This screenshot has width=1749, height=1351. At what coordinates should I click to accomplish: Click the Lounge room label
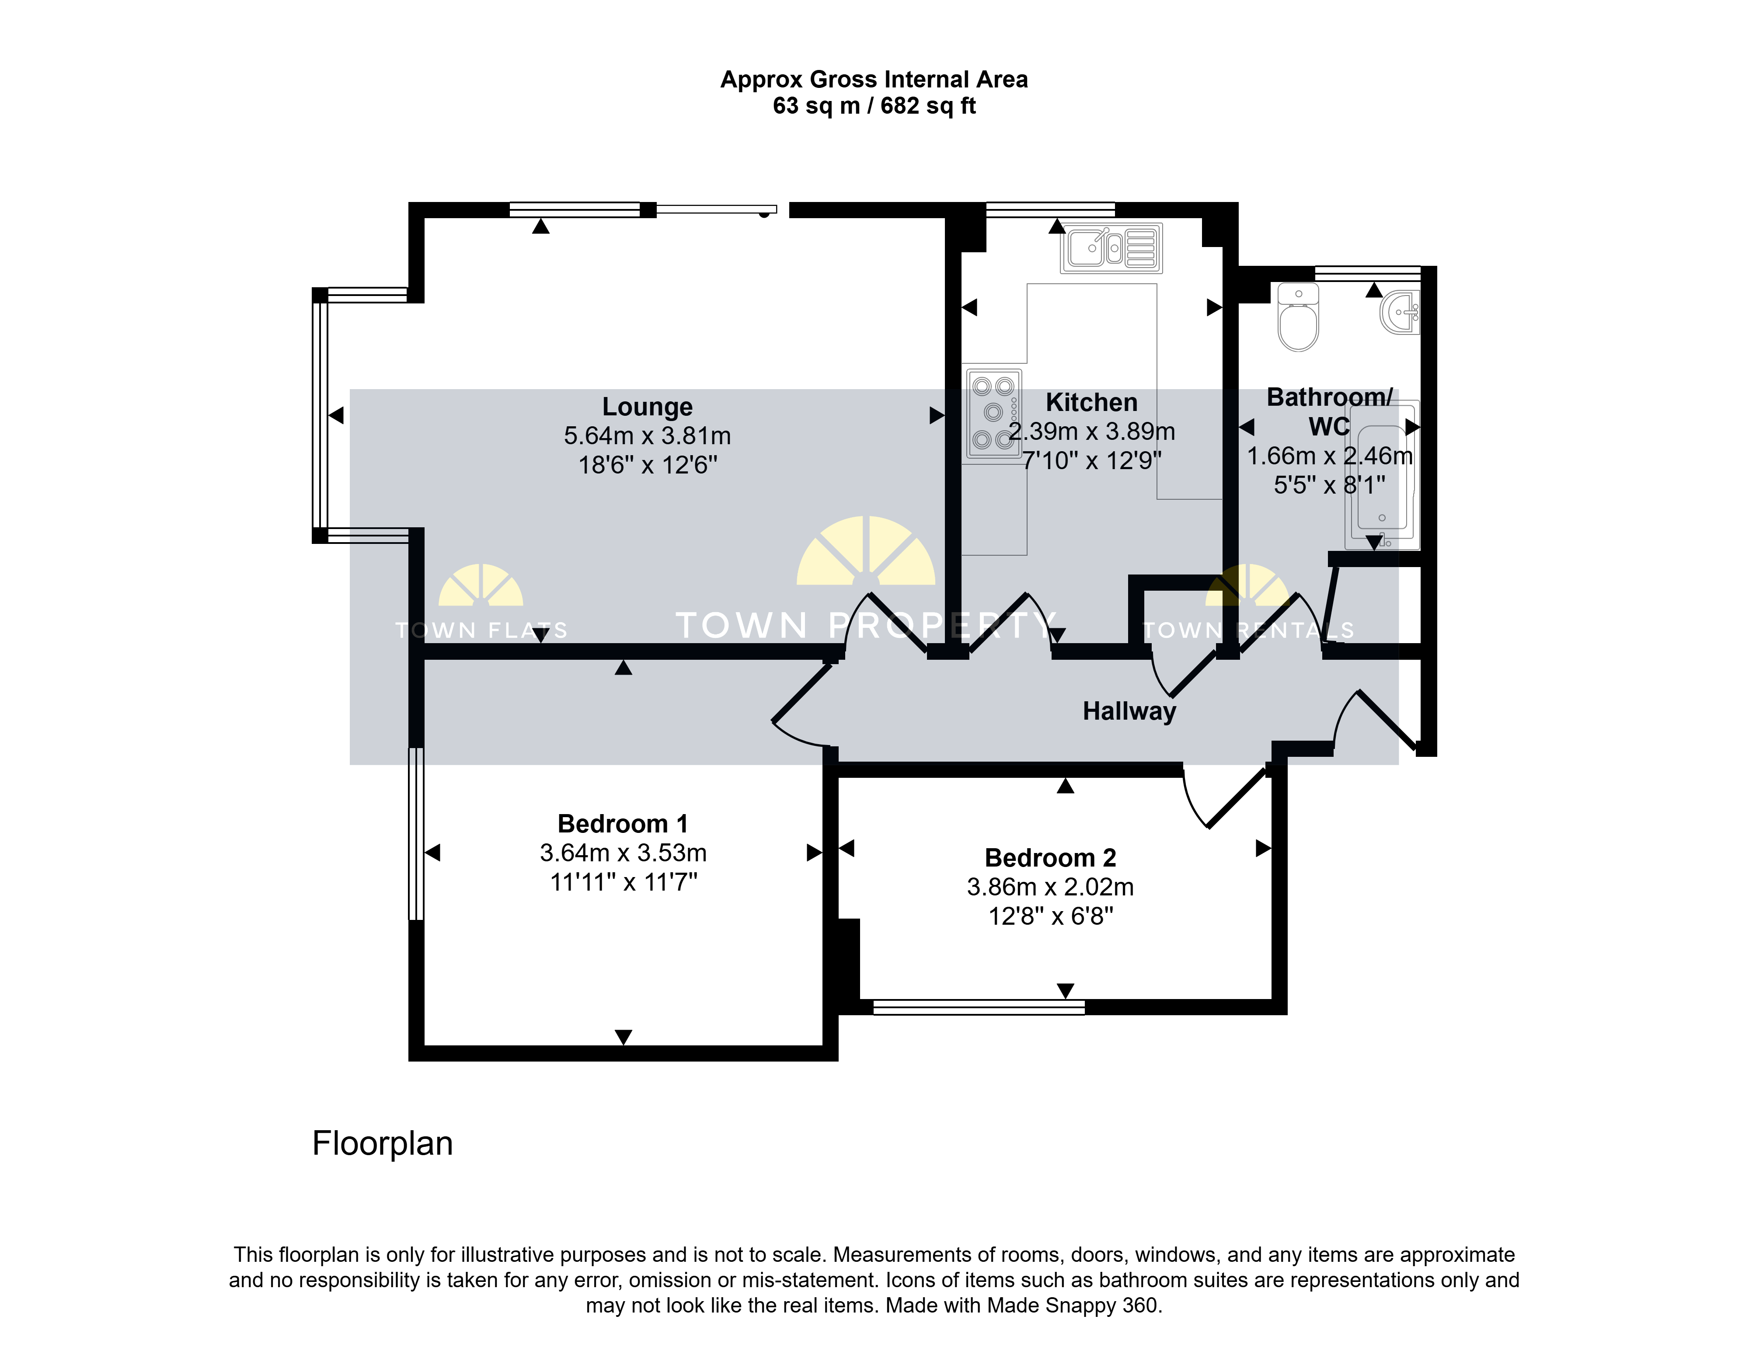pos(647,407)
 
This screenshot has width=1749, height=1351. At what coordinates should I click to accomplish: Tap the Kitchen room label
pos(1091,402)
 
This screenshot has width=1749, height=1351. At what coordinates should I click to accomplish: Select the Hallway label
pos(1129,711)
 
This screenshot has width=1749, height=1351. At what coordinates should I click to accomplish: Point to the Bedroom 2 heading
pos(1050,858)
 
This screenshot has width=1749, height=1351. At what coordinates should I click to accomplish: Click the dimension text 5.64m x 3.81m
pos(647,435)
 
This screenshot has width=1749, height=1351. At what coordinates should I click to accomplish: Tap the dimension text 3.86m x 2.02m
pos(1050,887)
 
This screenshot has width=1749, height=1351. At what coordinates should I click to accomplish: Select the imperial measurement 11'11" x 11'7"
pos(623,882)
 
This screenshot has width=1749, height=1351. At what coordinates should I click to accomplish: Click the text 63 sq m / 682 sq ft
pos(874,106)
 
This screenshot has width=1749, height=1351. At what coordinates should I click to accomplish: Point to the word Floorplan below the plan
pos(382,1144)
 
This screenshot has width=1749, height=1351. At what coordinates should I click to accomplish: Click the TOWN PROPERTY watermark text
pos(865,626)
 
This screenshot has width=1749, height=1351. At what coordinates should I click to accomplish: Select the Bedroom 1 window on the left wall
pos(416,834)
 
